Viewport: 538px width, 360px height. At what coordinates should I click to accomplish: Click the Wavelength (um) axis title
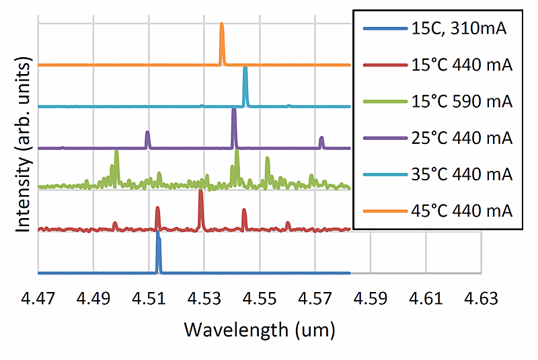pos(260,330)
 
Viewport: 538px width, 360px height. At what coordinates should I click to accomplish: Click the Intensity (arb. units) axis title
pos(24,145)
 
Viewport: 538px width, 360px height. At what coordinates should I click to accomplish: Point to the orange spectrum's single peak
pos(222,26)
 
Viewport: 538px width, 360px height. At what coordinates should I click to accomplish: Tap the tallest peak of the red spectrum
pos(200,192)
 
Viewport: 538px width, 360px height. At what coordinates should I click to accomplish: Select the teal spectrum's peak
pos(245,69)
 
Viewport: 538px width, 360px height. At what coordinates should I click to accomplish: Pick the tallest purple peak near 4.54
pos(233,110)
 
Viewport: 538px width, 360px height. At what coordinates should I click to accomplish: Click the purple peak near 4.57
pos(321,139)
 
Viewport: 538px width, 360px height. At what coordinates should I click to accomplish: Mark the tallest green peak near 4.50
pos(116,153)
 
